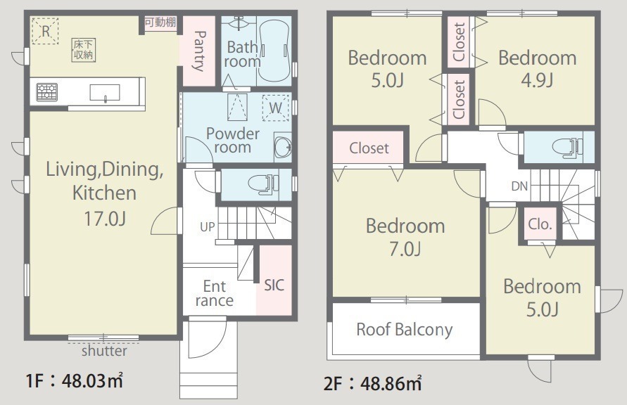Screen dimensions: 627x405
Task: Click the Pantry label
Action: coord(198,51)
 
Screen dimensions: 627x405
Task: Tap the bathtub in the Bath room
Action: coord(274,51)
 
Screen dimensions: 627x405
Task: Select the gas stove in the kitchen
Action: coord(47,92)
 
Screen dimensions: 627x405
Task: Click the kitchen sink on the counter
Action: coord(105,93)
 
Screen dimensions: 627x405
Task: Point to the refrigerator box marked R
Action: coord(45,31)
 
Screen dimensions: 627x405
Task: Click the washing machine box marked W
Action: coord(276,108)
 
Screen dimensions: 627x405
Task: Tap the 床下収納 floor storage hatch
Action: coord(84,50)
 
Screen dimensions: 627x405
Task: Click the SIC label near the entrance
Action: coord(274,285)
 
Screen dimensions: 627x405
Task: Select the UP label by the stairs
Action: coord(207,227)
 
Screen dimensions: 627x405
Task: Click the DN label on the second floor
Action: coord(519,186)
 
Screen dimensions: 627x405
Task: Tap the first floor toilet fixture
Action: coord(264,184)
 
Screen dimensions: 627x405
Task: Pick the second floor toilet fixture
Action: coord(567,146)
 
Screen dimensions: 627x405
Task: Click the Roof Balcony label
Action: coord(404,330)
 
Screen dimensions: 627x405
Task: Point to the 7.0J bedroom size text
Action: coord(405,249)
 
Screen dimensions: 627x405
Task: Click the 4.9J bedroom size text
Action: coord(537,80)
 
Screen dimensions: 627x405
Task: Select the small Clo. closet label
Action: coord(540,224)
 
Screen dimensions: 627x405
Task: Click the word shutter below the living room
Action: coord(104,351)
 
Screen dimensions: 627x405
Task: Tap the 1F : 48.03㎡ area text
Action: coord(74,380)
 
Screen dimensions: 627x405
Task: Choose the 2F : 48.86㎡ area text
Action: coord(373,383)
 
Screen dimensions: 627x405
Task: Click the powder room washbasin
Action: coord(283,146)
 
